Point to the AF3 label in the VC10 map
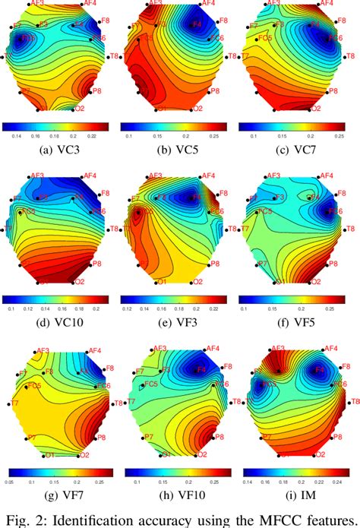click(36, 175)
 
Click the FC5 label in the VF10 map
click(150, 384)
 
